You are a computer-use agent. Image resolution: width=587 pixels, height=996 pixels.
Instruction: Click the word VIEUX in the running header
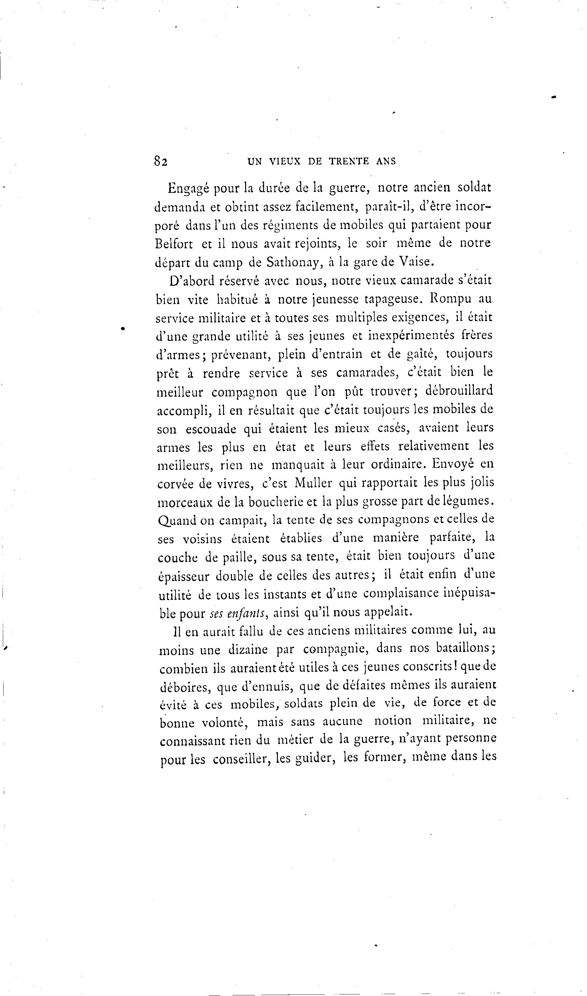[285, 161]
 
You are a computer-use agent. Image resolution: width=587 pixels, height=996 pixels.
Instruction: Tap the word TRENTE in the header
[350, 161]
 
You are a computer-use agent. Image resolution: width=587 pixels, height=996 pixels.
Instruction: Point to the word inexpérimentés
[411, 336]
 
